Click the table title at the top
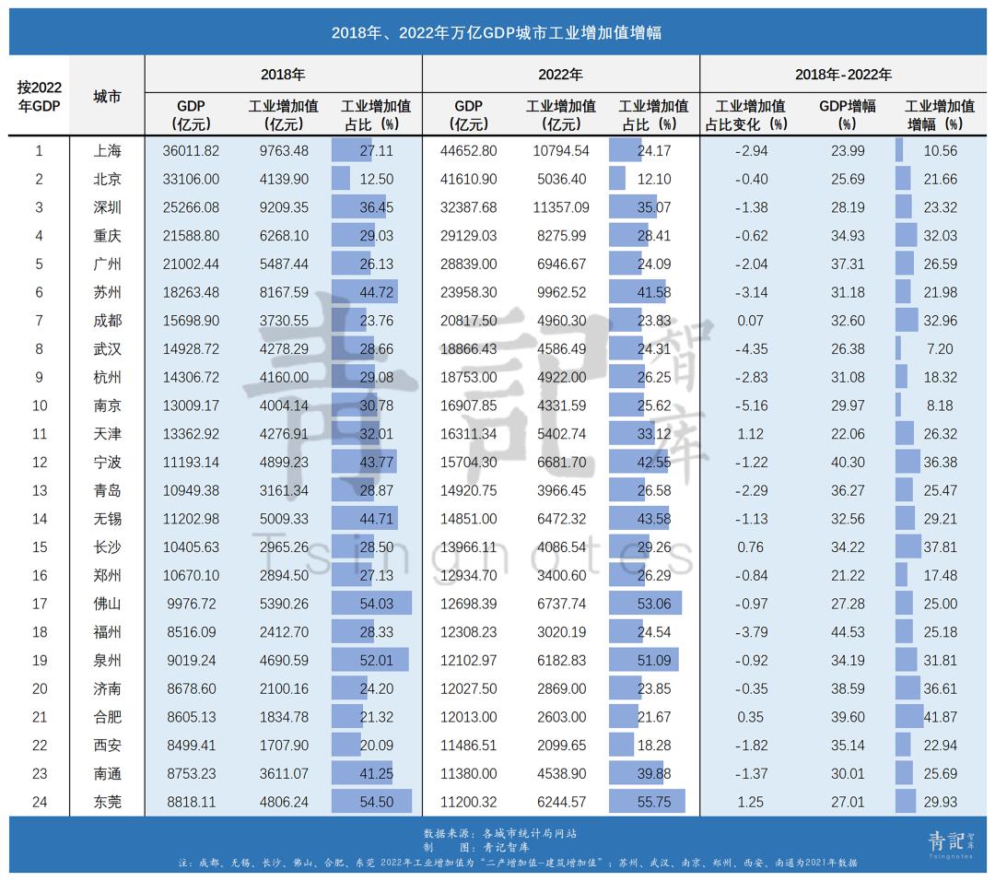tap(497, 33)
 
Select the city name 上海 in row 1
tap(107, 151)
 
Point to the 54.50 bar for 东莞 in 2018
tap(372, 802)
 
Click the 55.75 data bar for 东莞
tap(648, 802)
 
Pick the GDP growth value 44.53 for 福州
tap(842, 632)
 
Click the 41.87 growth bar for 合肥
tap(910, 717)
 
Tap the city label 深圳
tap(107, 208)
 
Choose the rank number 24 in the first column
tap(39, 802)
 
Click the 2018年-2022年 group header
tap(842, 75)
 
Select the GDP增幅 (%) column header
tap(842, 114)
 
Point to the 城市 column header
tap(107, 96)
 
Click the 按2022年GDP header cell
tap(39, 96)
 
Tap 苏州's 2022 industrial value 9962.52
tap(561, 293)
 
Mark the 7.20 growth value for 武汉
tap(940, 349)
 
